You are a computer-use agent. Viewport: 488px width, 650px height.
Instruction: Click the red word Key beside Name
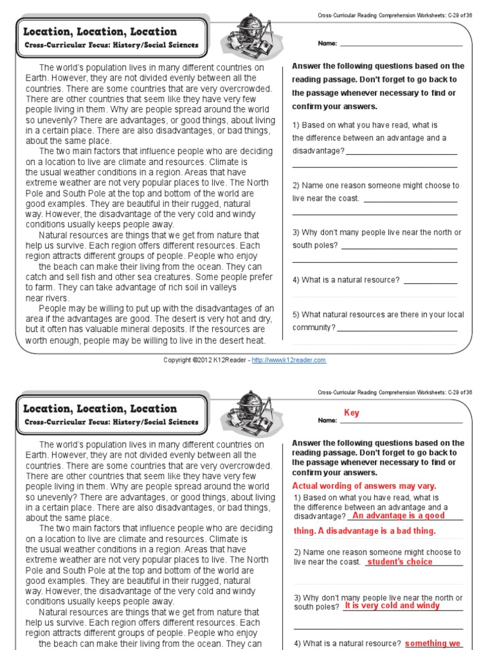[351, 413]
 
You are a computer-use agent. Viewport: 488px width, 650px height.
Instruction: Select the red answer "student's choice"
[400, 562]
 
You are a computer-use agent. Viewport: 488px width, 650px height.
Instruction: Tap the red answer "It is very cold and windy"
[392, 606]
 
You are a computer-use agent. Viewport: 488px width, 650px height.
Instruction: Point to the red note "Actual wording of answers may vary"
[364, 486]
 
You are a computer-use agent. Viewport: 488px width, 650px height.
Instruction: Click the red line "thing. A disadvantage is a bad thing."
[365, 531]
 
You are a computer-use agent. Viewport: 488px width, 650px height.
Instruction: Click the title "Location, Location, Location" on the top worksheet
[100, 32]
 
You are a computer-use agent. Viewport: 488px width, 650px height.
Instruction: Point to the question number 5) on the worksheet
[296, 315]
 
